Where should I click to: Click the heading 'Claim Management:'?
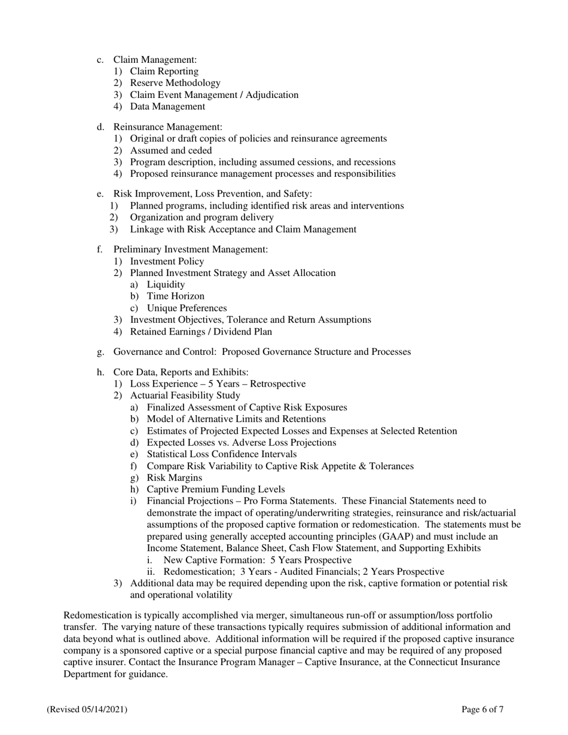coord(155,60)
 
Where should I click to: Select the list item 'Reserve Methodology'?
coord(175,83)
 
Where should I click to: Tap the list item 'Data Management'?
coord(167,106)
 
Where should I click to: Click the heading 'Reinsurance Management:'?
coord(167,127)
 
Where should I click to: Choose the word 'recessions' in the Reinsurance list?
coord(373,162)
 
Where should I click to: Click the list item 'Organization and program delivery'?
coord(201,218)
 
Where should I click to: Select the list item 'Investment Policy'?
coord(167,261)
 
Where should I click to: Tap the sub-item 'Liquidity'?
coord(166,284)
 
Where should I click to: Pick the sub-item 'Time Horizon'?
coord(175,296)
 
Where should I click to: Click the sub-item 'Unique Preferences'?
coord(187,308)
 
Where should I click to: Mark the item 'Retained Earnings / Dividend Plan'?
coord(200,332)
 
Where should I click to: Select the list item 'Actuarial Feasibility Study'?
coord(185,396)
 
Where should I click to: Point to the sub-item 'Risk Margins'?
coord(174,477)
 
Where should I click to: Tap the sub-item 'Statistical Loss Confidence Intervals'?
coord(221,454)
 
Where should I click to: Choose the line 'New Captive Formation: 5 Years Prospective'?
coord(257,560)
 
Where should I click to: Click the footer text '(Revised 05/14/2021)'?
coord(87,710)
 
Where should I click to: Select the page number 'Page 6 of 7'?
coord(482,710)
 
